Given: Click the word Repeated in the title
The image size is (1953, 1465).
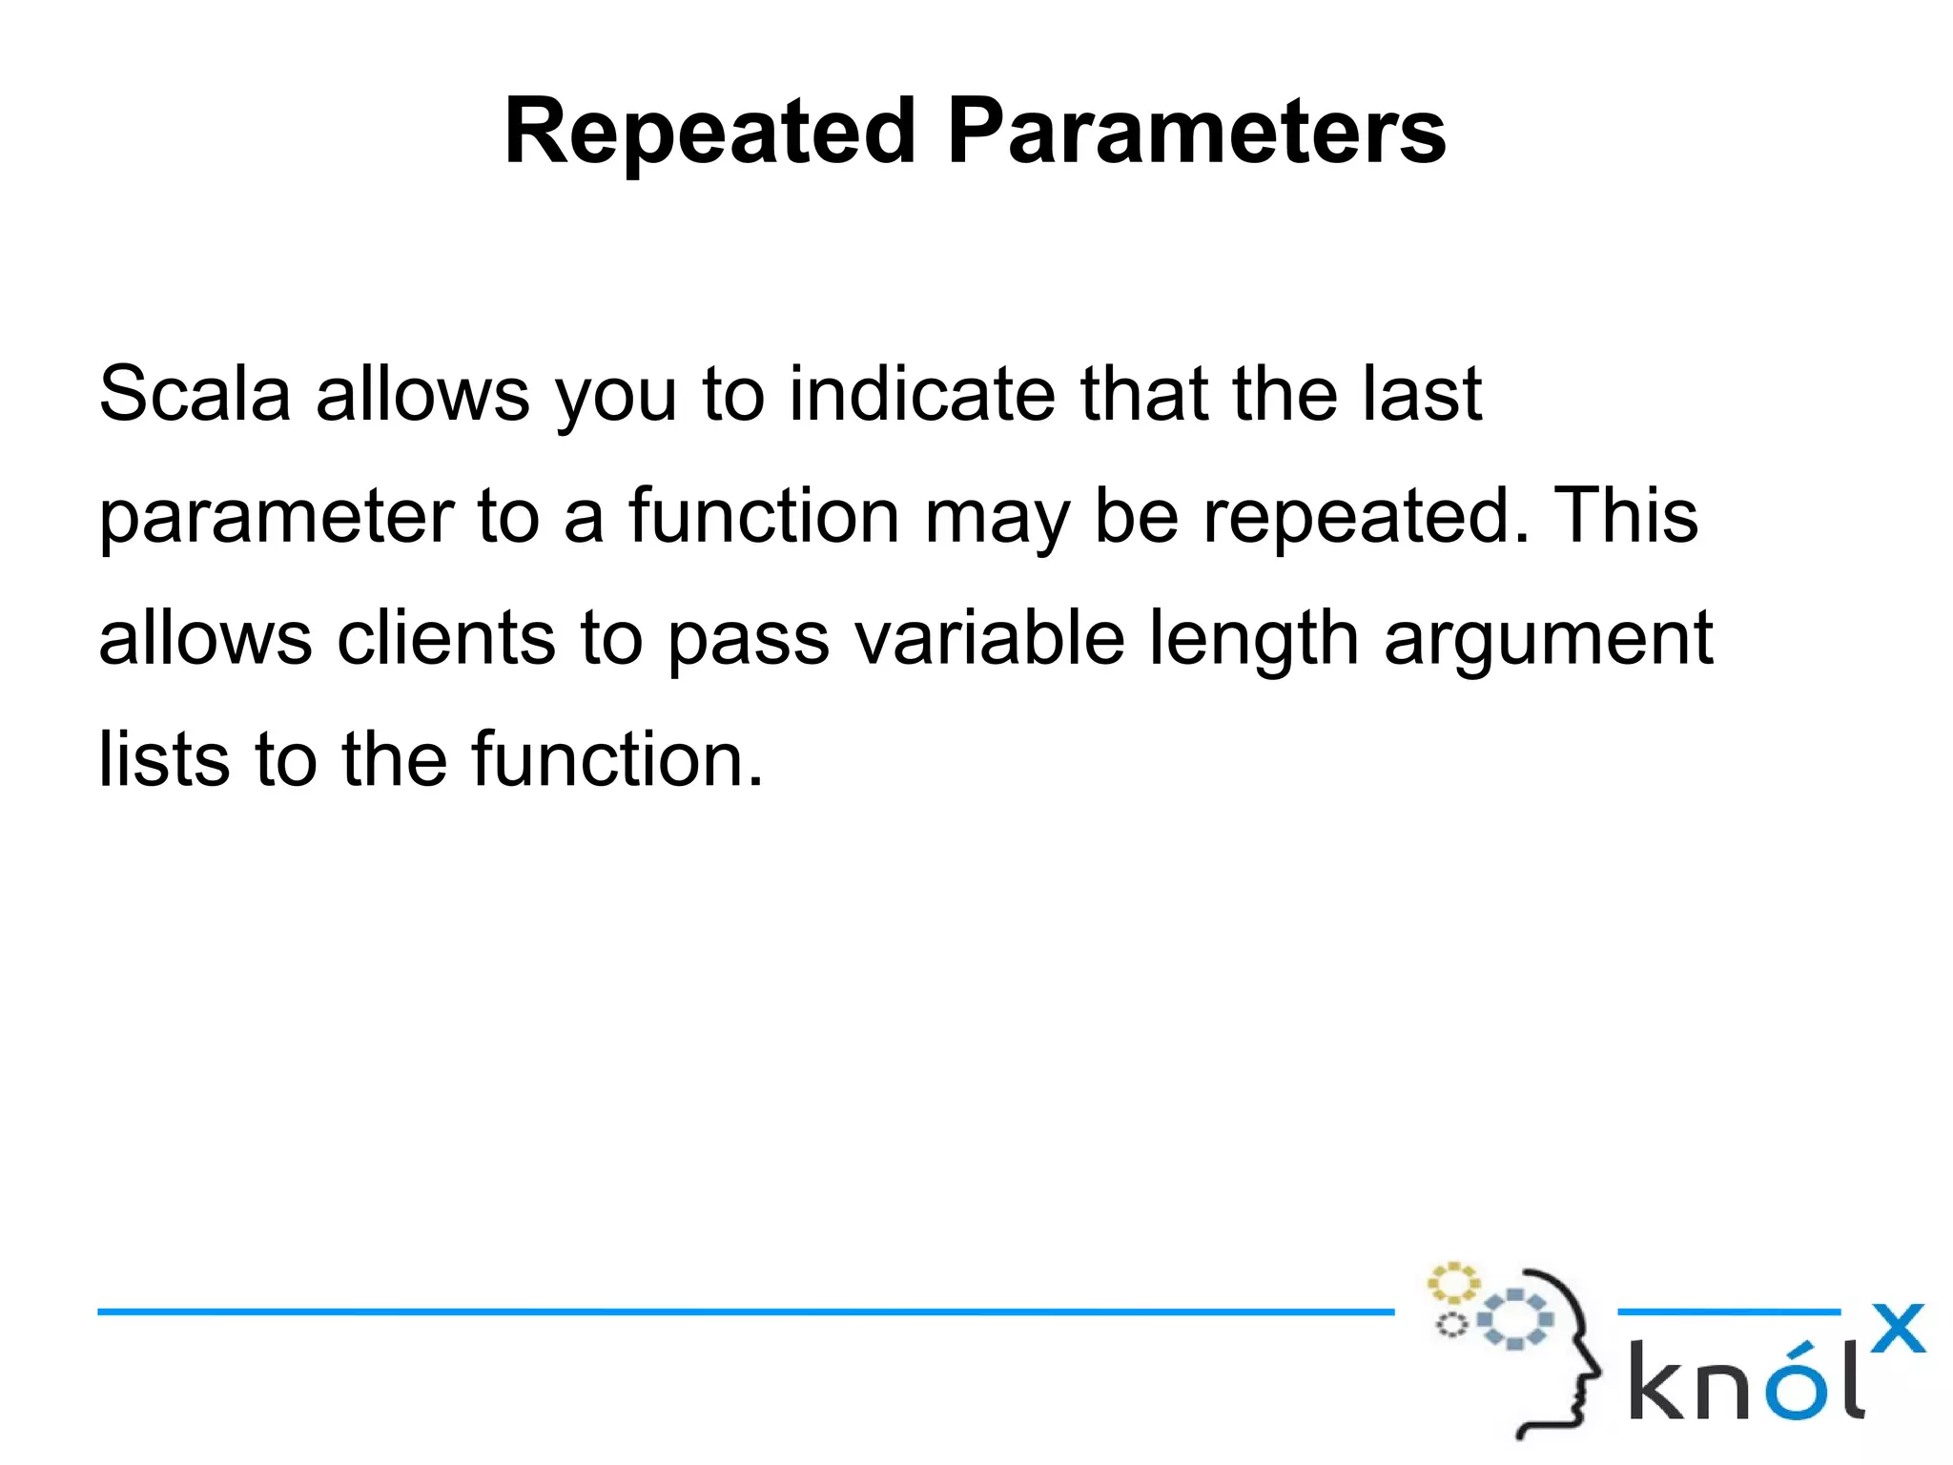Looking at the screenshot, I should (709, 133).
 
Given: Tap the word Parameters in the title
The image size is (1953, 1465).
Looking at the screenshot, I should (1196, 133).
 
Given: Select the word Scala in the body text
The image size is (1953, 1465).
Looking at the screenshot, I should (195, 393).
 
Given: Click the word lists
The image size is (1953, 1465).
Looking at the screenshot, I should (164, 759).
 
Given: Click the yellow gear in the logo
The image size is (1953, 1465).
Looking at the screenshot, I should (1452, 1283).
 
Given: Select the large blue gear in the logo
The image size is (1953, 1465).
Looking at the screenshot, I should (1514, 1319).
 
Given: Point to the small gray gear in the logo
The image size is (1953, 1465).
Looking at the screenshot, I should (1451, 1325).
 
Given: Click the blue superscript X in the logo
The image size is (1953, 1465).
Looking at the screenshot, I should (1897, 1328).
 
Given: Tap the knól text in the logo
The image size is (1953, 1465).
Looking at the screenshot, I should (1745, 1380).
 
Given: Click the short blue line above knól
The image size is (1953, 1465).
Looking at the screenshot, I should (1728, 1312).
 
